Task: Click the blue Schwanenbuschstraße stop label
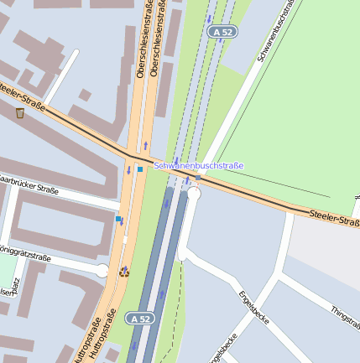click(x=199, y=166)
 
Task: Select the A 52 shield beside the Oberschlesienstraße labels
click(x=222, y=31)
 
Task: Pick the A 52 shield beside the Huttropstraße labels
click(x=139, y=319)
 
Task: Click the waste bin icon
click(x=20, y=113)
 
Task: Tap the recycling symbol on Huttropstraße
click(x=124, y=271)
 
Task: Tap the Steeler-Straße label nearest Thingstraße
click(x=333, y=217)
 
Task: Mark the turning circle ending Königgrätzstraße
click(x=102, y=270)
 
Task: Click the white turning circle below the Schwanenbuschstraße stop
click(x=195, y=193)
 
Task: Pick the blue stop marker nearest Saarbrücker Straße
click(x=119, y=220)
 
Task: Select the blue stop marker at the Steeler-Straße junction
click(x=140, y=169)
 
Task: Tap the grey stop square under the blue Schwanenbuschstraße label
click(x=198, y=178)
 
